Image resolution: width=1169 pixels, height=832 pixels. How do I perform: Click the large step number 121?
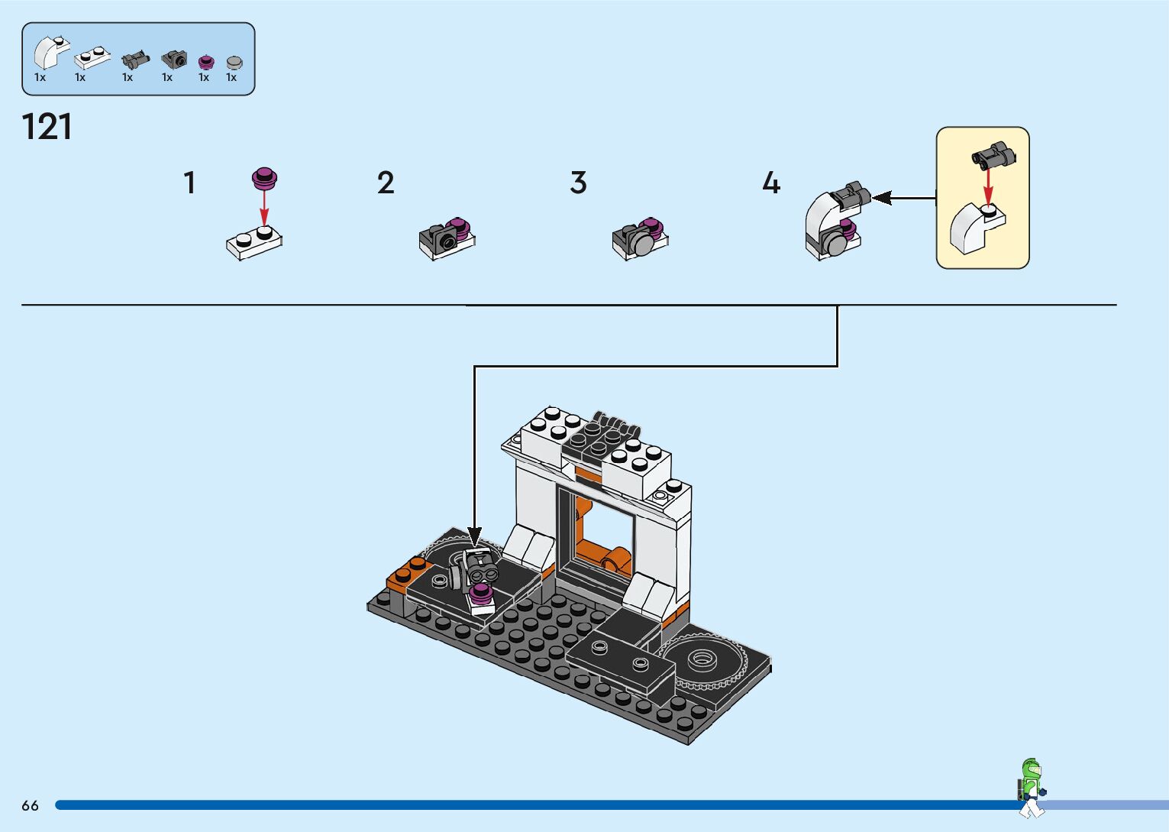pyautogui.click(x=47, y=127)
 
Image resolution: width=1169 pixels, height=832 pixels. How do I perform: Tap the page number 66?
pyautogui.click(x=30, y=805)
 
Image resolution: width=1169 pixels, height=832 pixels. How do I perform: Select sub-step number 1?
pyautogui.click(x=189, y=183)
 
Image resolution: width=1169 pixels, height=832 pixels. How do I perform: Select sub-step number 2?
pyautogui.click(x=386, y=183)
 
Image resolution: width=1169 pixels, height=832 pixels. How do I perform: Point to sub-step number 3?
pyautogui.click(x=578, y=183)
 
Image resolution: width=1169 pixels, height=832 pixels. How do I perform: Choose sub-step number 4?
pyautogui.click(x=771, y=183)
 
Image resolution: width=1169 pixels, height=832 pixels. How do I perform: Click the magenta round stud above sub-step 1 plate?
pyautogui.click(x=264, y=179)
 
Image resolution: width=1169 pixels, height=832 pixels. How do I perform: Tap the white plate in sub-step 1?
pyautogui.click(x=254, y=242)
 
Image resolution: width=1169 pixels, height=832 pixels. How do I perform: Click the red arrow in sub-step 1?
pyautogui.click(x=264, y=207)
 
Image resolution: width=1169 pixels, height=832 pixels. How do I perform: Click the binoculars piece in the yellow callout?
pyautogui.click(x=993, y=155)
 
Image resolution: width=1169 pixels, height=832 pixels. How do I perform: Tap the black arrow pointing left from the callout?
pyautogui.click(x=901, y=199)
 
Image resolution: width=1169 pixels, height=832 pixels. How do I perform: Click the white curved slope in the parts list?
pyautogui.click(x=50, y=53)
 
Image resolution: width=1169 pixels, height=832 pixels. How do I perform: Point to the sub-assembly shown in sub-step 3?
pyautogui.click(x=640, y=238)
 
